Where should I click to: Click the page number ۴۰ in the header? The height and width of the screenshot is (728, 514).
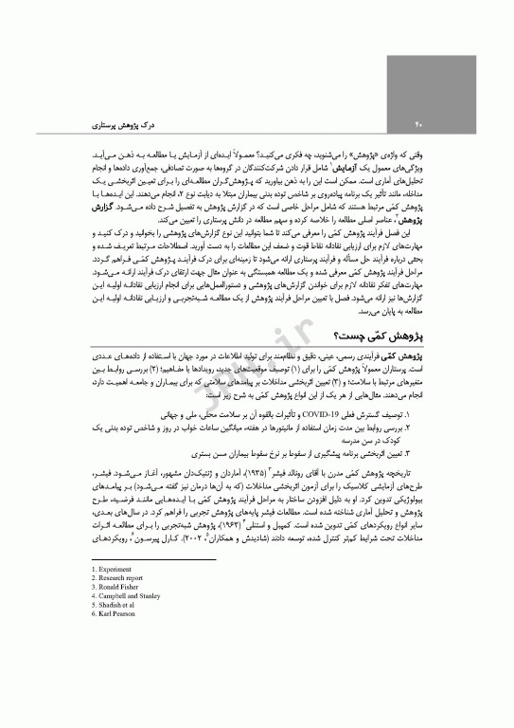coord(417,124)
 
